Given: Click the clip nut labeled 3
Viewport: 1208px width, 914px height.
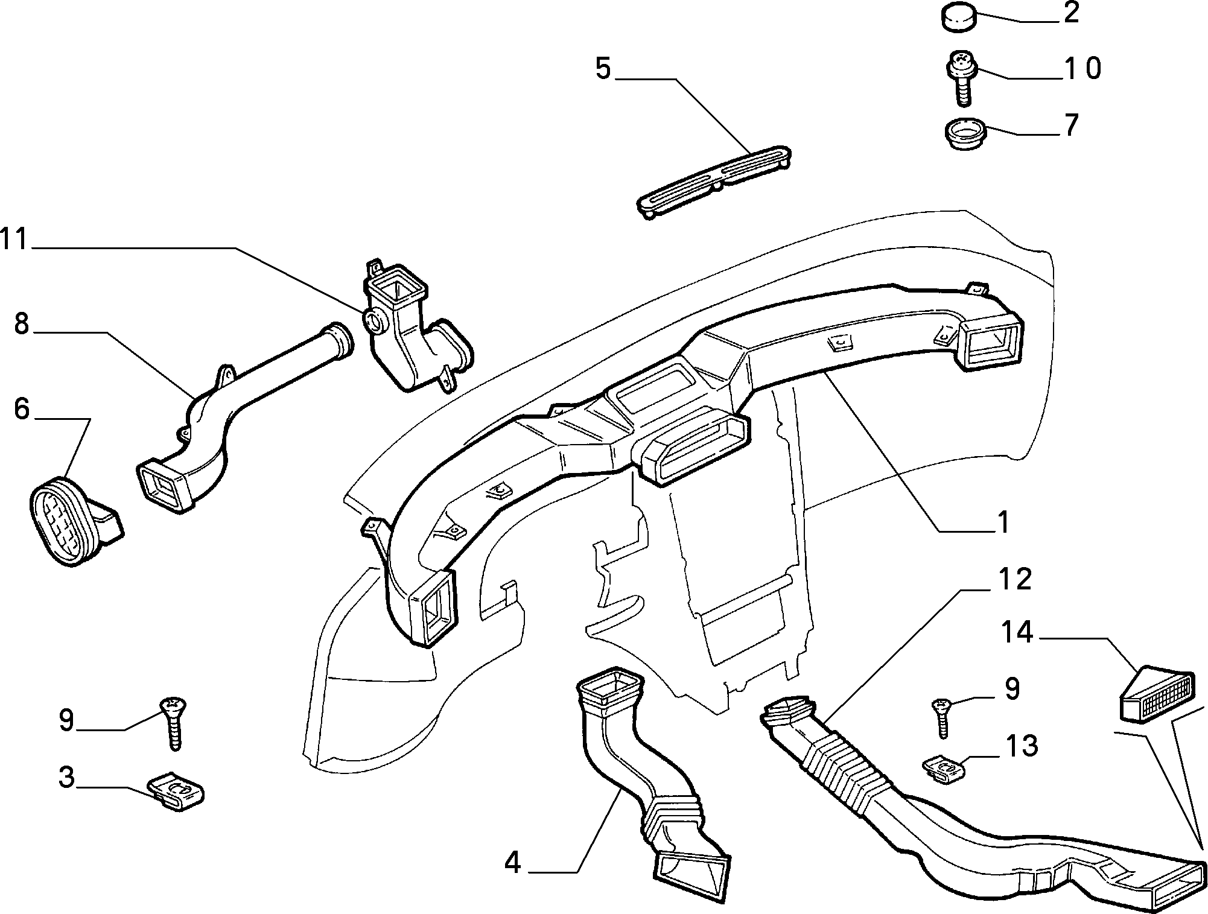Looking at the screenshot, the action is (175, 790).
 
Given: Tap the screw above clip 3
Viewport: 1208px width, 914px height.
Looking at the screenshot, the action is (174, 723).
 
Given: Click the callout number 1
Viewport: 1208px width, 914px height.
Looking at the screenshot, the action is (1002, 522).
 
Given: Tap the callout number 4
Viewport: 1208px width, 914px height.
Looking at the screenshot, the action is (512, 863).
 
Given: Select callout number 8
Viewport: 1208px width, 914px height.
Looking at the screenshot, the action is (21, 324).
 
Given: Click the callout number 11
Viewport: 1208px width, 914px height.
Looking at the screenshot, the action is (14, 240).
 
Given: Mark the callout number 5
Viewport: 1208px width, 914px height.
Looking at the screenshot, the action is (603, 69).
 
